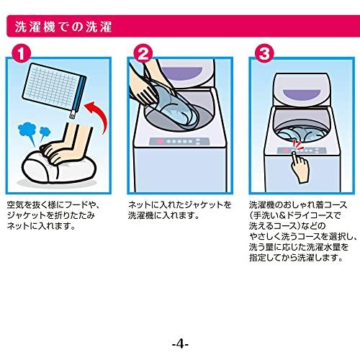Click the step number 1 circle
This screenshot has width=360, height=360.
click(x=22, y=53)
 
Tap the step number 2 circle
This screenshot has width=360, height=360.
click(x=143, y=53)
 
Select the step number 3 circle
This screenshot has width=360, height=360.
click(x=264, y=53)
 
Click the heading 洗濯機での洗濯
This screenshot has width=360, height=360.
click(x=63, y=27)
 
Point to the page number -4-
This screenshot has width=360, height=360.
click(x=180, y=345)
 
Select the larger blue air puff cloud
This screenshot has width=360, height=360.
click(x=27, y=132)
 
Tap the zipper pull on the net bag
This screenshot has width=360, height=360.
click(x=72, y=114)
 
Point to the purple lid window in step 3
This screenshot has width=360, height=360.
click(x=302, y=94)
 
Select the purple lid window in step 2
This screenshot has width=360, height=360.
click(x=181, y=73)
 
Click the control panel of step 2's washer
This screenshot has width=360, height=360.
click(x=179, y=141)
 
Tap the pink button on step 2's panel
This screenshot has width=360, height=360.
click(x=159, y=141)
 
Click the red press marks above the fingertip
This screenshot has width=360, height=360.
click(x=297, y=145)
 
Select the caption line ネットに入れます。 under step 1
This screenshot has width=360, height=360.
click(x=41, y=226)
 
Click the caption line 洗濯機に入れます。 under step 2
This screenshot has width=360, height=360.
click(x=163, y=215)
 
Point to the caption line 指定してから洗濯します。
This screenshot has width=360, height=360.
click(x=296, y=258)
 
